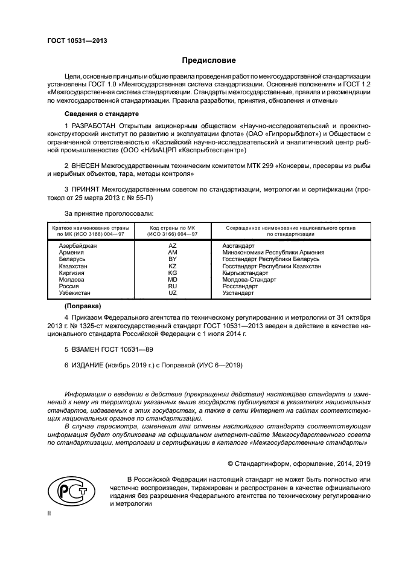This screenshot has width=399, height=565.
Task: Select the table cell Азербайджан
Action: (78, 247)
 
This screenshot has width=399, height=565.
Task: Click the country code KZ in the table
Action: (172, 266)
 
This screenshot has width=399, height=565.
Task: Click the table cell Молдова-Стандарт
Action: (249, 280)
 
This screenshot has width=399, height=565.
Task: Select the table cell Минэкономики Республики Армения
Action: (273, 253)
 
